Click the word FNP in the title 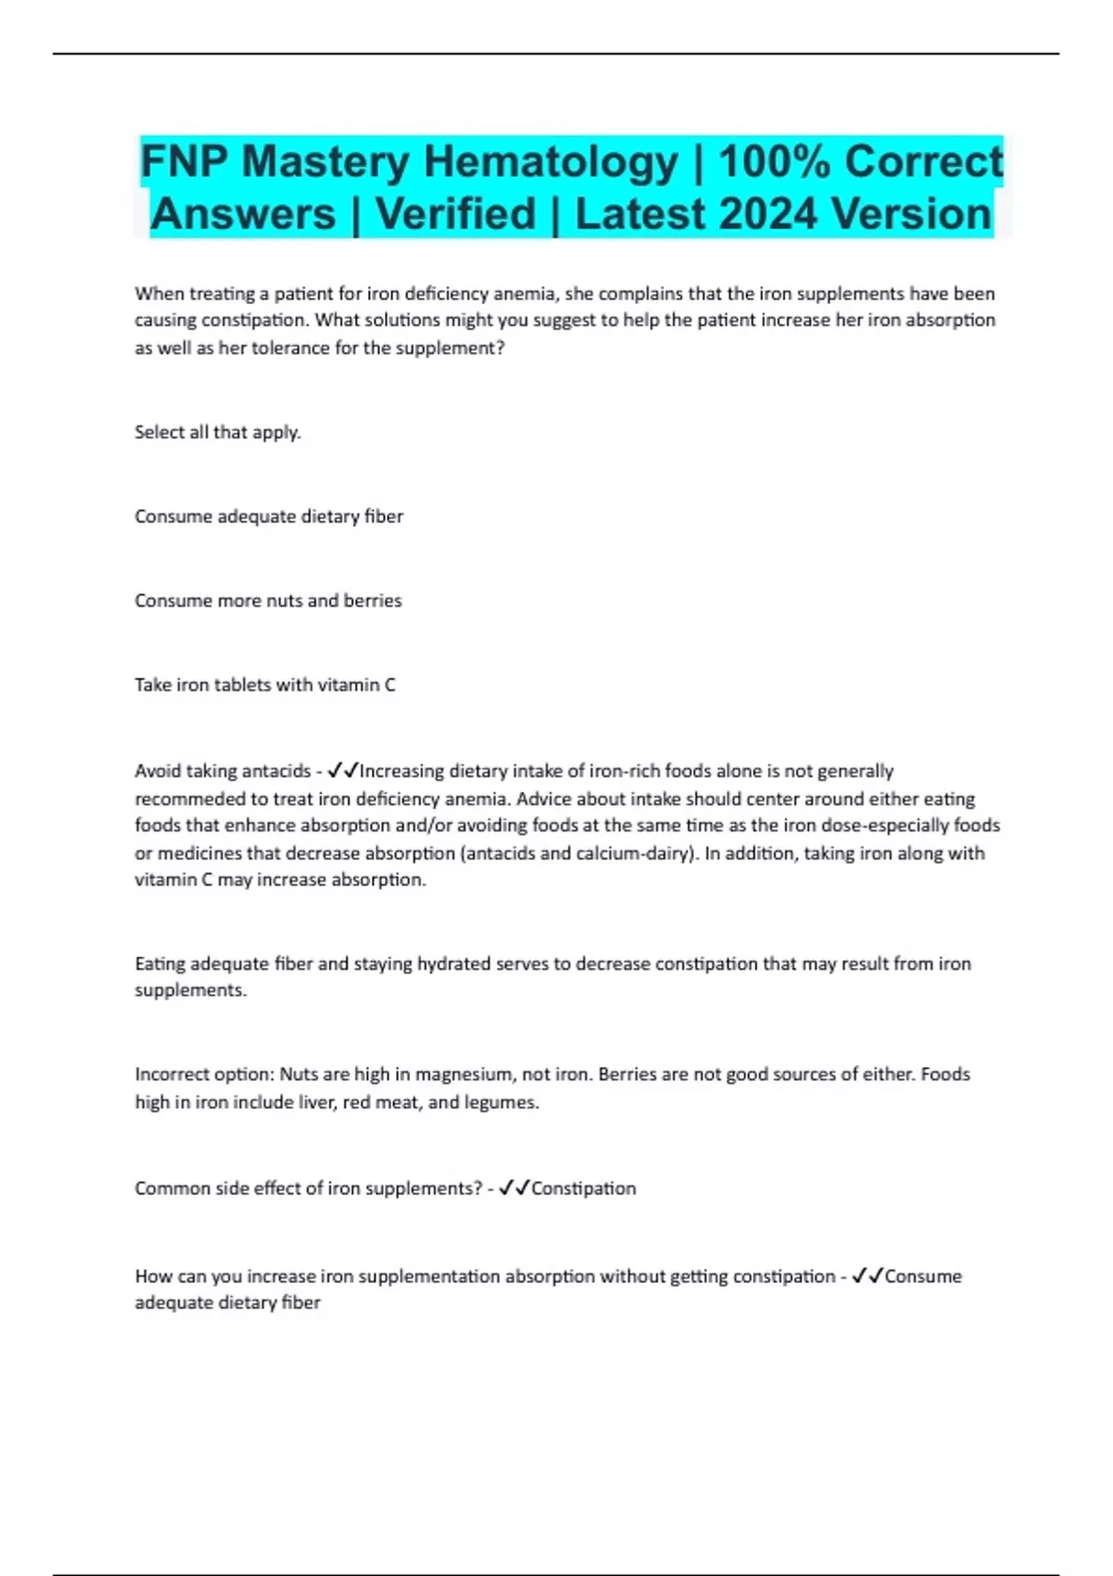(x=184, y=161)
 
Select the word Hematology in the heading (x=550, y=161)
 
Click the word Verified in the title (x=456, y=214)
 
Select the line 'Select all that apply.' (x=218, y=432)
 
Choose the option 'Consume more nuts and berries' (x=268, y=601)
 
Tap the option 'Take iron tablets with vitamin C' (x=265, y=685)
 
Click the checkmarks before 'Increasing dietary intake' (x=343, y=770)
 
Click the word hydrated (x=454, y=964)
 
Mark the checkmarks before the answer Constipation (x=514, y=1188)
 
